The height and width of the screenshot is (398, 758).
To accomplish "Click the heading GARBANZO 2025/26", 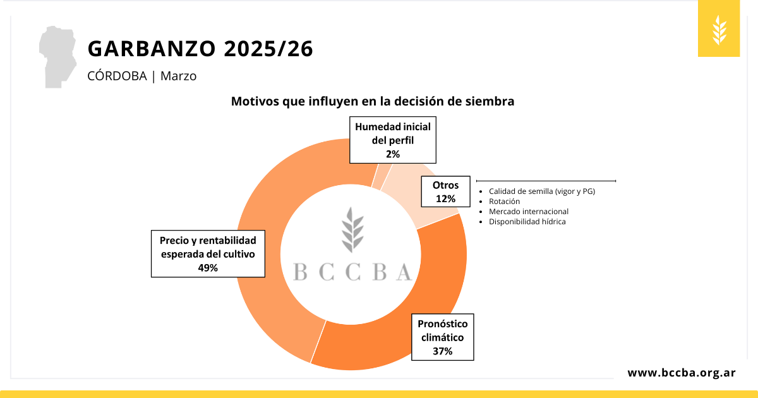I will (200, 49).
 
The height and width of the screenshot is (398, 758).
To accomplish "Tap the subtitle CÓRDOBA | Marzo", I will (142, 76).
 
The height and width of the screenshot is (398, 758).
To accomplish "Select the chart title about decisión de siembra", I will (372, 101).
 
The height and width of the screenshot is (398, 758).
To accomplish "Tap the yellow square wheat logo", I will (719, 30).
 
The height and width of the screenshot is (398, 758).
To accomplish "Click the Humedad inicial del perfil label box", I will (393, 140).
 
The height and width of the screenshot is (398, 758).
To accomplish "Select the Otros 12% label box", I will (445, 191).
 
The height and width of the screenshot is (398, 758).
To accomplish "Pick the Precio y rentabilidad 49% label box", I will (208, 253).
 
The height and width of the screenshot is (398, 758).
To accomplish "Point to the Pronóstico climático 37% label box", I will (442, 337).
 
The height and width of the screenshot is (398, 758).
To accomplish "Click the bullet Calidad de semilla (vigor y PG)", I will (542, 191).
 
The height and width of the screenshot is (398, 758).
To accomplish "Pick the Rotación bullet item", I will (504, 202).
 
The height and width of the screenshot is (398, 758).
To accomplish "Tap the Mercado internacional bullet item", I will (529, 212).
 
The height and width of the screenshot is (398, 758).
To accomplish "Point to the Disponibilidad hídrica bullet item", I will (527, 222).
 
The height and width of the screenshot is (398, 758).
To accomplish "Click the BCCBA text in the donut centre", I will (352, 272).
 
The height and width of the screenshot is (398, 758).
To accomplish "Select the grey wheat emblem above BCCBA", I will (352, 229).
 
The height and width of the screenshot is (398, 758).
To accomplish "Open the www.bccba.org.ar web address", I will (681, 373).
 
